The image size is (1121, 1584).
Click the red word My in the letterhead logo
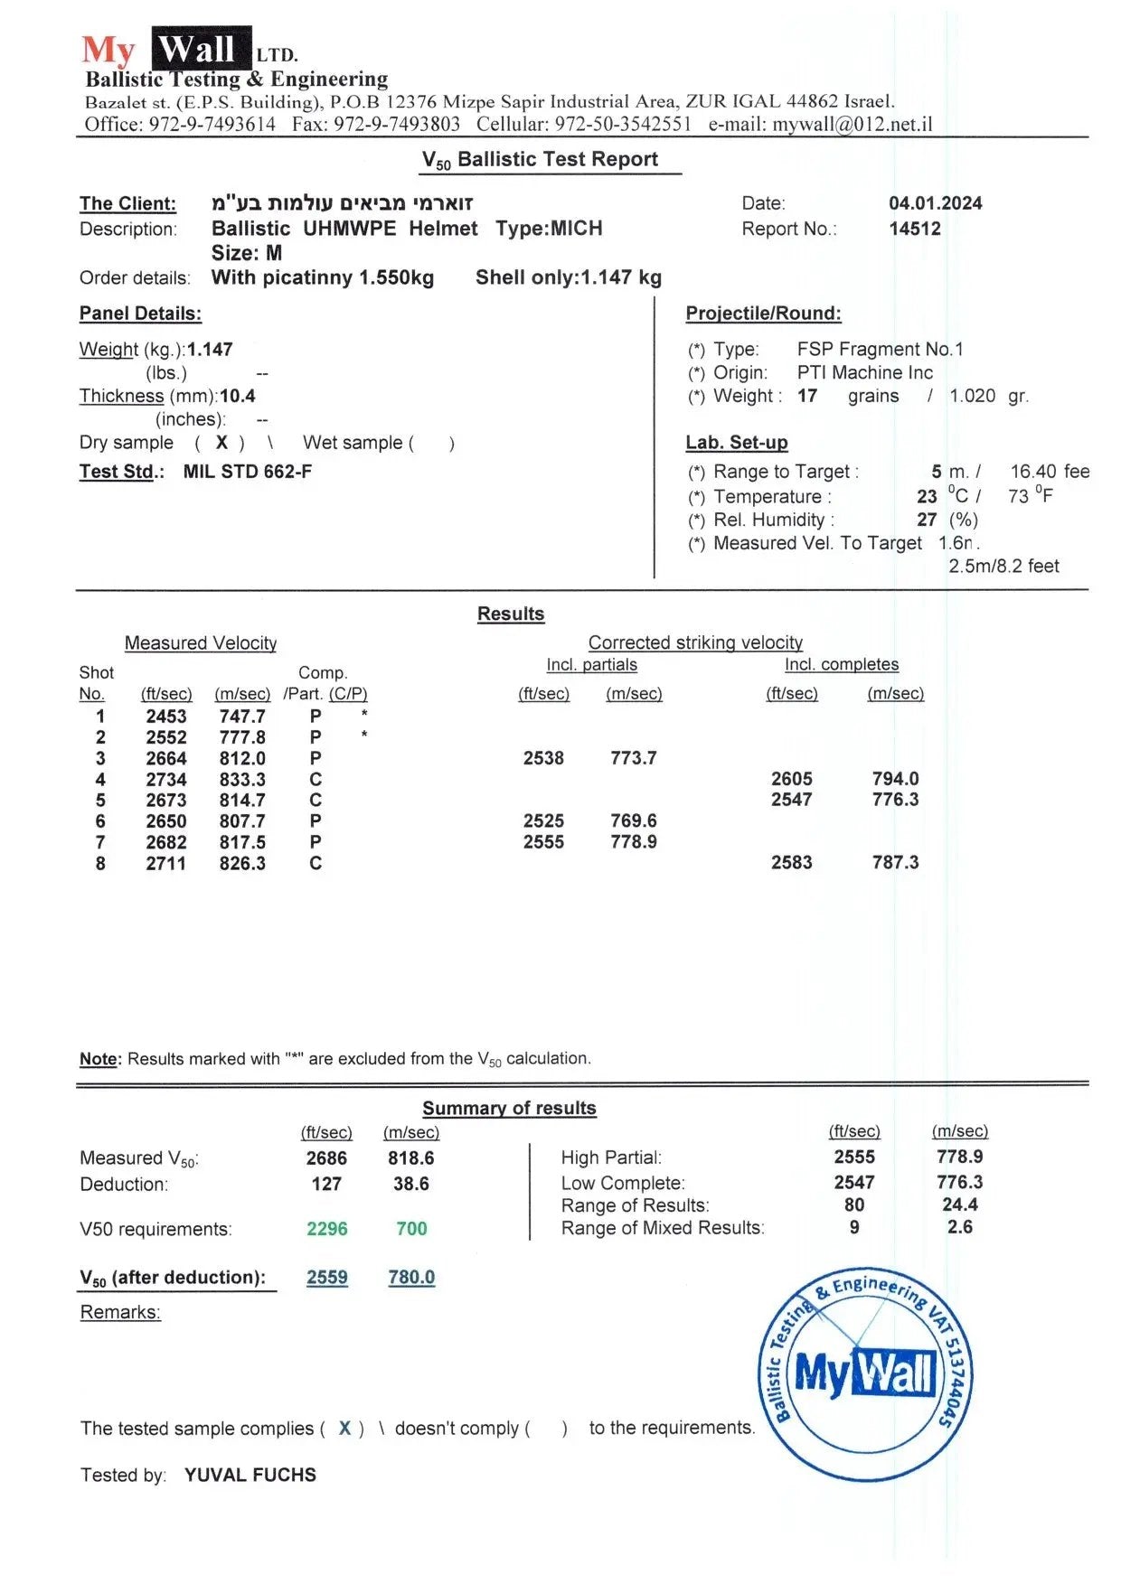[x=108, y=51]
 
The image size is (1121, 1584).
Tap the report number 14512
[x=914, y=229]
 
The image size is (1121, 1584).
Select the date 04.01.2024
[x=935, y=203]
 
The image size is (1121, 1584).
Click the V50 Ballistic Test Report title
[x=540, y=160]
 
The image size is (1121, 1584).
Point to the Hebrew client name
[x=342, y=203]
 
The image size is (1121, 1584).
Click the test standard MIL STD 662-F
[x=247, y=472]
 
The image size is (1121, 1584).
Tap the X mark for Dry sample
[x=221, y=443]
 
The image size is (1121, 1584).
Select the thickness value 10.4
[x=238, y=396]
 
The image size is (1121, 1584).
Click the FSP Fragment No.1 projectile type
[x=880, y=349]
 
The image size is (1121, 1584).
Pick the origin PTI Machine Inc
[x=864, y=372]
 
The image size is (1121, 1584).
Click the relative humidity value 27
[x=927, y=520]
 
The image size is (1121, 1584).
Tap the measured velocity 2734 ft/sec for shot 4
[x=166, y=780]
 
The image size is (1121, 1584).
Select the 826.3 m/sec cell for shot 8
[x=242, y=864]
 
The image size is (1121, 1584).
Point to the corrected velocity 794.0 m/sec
[x=895, y=779]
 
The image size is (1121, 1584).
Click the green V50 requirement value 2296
[x=326, y=1229]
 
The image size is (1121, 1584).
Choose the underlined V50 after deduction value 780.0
[x=411, y=1278]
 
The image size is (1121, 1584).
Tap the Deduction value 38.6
[x=410, y=1184]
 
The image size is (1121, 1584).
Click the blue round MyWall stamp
[x=865, y=1373]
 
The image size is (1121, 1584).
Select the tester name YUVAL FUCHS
[x=250, y=1476]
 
